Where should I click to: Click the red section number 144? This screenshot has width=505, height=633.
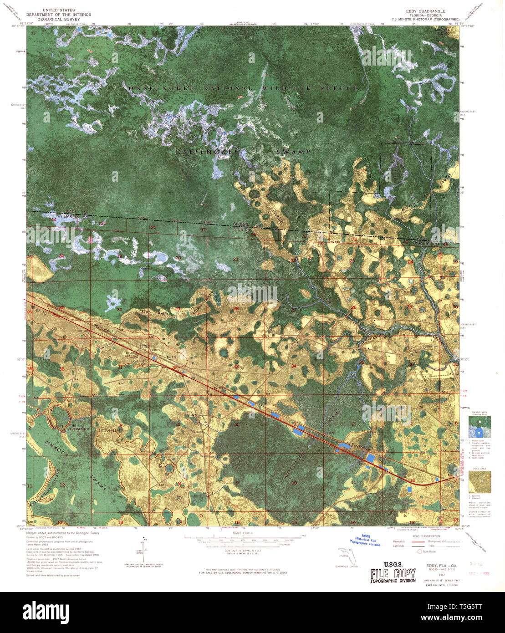53,220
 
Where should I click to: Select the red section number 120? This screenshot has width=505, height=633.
152,227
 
